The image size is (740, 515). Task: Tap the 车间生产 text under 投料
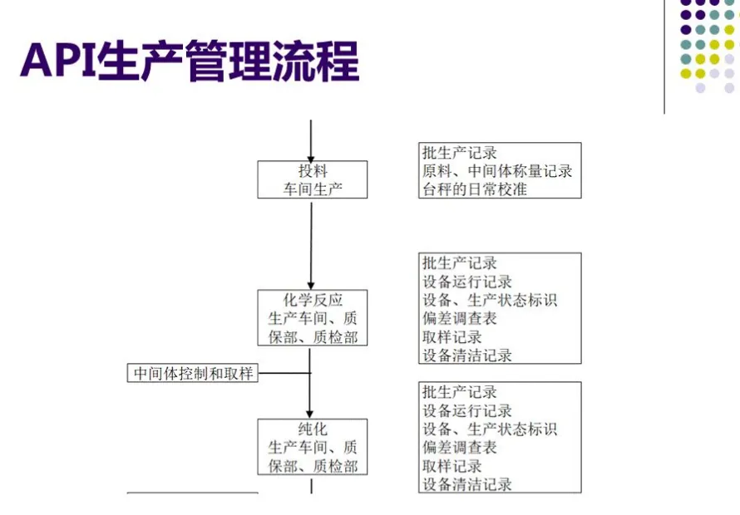click(312, 189)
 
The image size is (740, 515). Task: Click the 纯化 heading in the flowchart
click(312, 429)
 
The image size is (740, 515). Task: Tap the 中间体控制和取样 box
click(193, 374)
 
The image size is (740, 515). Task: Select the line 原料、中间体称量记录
click(497, 171)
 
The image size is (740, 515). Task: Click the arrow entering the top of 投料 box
click(311, 140)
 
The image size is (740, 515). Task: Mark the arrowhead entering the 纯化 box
click(311, 413)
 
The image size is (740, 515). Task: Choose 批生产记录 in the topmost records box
click(459, 153)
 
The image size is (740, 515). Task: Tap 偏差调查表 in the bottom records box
click(459, 448)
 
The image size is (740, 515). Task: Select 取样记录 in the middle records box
click(451, 337)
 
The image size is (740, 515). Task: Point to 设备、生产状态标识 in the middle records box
click(490, 301)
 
